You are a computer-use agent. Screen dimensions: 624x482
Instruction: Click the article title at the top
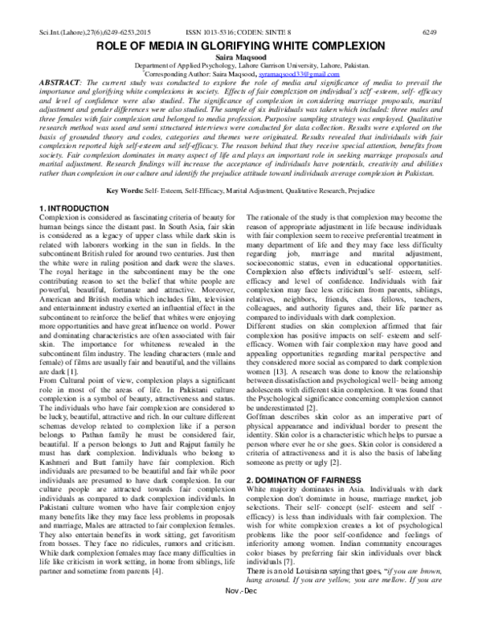click(241, 26)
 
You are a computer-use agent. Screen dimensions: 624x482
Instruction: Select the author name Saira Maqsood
click(241, 37)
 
